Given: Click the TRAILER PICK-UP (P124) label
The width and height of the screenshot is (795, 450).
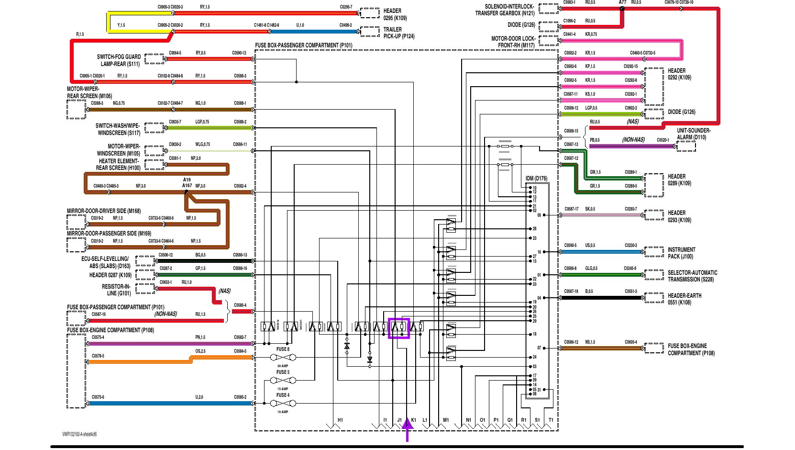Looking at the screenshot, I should pyautogui.click(x=398, y=33).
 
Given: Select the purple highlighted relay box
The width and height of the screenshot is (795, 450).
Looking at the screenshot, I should pyautogui.click(x=398, y=328).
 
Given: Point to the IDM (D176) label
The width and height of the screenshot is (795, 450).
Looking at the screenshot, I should pyautogui.click(x=536, y=179).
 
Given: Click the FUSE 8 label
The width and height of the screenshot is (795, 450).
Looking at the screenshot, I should pyautogui.click(x=283, y=349).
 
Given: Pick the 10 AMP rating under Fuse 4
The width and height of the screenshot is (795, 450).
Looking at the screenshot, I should pyautogui.click(x=283, y=412).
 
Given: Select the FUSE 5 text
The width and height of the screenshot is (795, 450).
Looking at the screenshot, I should pyautogui.click(x=283, y=372).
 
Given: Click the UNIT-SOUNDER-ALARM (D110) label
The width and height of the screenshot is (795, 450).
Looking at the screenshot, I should pyautogui.click(x=693, y=134).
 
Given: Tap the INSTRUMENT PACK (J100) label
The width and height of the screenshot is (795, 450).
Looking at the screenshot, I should pyautogui.click(x=681, y=253).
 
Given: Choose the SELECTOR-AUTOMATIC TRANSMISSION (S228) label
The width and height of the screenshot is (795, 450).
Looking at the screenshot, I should pyautogui.click(x=692, y=276).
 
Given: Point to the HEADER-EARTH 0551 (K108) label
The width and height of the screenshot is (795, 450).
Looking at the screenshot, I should pyautogui.click(x=684, y=299).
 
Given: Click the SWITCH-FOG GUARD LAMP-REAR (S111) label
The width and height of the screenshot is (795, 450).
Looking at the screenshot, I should pyautogui.click(x=119, y=60).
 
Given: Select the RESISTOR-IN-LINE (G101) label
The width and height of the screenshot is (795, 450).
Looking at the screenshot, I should pyautogui.click(x=116, y=290).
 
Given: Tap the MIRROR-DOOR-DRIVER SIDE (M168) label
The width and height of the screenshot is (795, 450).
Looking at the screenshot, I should pyautogui.click(x=104, y=211).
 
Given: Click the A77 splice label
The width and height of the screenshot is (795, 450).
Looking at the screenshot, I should pyautogui.click(x=622, y=2).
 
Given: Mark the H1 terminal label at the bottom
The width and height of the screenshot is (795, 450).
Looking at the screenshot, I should pyautogui.click(x=340, y=420).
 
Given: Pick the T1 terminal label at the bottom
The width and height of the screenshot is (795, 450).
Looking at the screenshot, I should pyautogui.click(x=551, y=420).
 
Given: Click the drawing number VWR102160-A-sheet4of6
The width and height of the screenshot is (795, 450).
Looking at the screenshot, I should pyautogui.click(x=79, y=434).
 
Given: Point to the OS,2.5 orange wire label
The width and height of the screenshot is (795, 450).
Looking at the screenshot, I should pyautogui.click(x=200, y=351).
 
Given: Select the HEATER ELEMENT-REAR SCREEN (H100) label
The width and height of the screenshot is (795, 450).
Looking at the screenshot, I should pyautogui.click(x=118, y=164).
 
